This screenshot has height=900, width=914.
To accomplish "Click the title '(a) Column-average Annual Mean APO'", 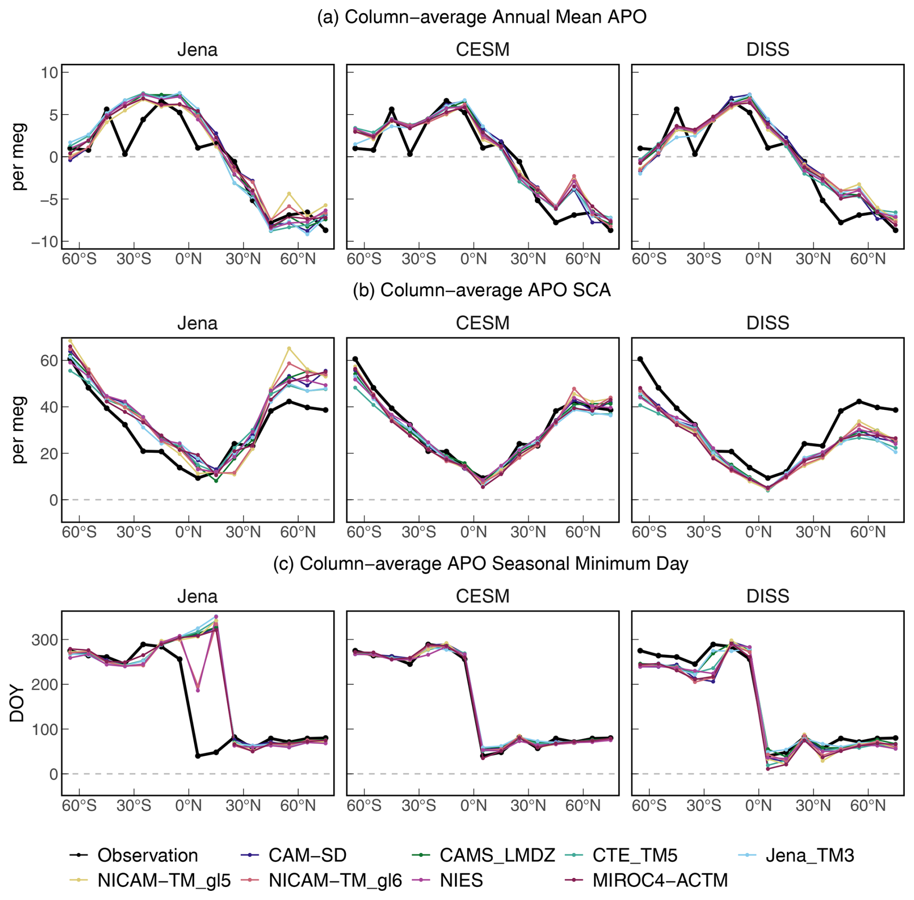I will pyautogui.click(x=482, y=17).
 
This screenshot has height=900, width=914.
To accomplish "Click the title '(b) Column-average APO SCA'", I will pyautogui.click(x=482, y=290).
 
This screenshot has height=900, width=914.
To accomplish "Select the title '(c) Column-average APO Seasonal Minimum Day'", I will pyautogui.click(x=481, y=564).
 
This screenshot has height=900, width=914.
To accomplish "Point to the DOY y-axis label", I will pyautogui.click(x=17, y=703).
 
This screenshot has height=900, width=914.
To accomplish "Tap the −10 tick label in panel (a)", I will pyautogui.click(x=44, y=242).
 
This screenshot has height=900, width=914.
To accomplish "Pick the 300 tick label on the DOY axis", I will pyautogui.click(x=44, y=640).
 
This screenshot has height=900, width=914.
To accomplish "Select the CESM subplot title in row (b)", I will pyautogui.click(x=483, y=323).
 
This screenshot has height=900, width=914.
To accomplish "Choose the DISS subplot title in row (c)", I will pyautogui.click(x=768, y=596).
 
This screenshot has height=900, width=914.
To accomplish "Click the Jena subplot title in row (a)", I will pyautogui.click(x=197, y=50).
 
